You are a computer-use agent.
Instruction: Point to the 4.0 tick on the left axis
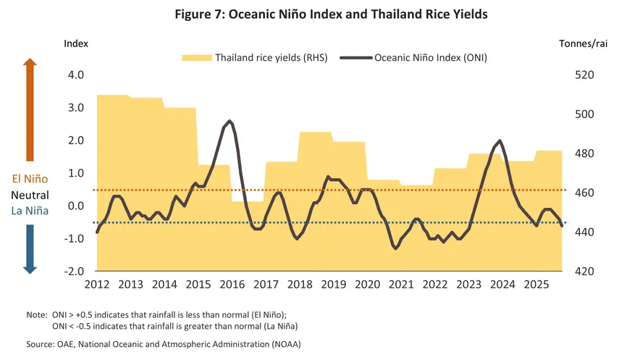click(75, 75)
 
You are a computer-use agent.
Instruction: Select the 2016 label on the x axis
click(232, 285)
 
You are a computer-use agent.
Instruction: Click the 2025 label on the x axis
click(536, 285)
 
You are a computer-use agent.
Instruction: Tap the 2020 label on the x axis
click(367, 285)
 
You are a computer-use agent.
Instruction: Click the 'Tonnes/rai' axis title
click(583, 43)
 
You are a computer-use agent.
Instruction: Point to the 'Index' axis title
click(76, 43)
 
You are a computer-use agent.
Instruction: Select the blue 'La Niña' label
click(30, 211)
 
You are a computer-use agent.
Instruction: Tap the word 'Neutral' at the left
click(30, 196)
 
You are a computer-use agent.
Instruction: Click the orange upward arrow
click(30, 109)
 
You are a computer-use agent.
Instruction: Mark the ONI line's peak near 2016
click(230, 121)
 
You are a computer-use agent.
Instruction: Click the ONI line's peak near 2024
click(500, 141)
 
